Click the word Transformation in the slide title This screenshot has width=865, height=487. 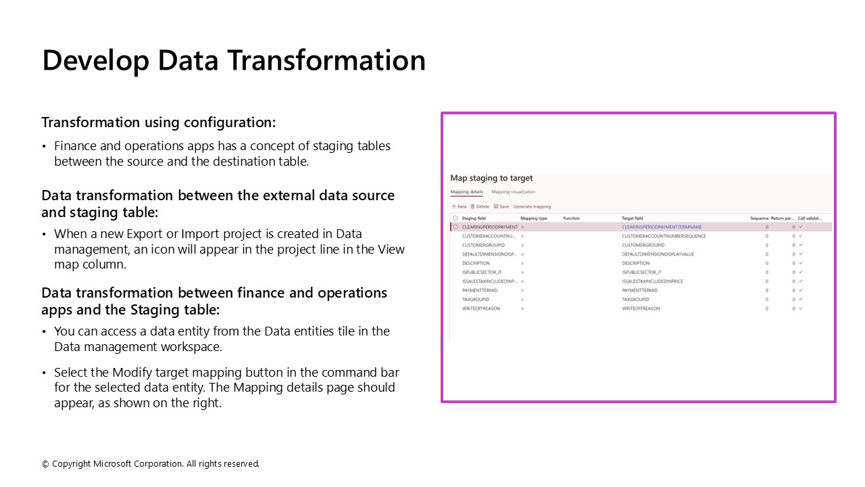[325, 60]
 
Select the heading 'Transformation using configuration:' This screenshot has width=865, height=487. [159, 122]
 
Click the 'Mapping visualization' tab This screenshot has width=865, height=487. [513, 192]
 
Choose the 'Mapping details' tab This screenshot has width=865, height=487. [466, 192]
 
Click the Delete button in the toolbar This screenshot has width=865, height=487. [480, 206]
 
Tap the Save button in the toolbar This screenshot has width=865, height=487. [501, 206]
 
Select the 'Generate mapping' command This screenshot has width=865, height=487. [532, 206]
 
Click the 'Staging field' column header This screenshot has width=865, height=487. [474, 218]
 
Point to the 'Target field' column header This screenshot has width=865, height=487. [633, 218]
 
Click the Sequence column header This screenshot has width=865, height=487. [759, 218]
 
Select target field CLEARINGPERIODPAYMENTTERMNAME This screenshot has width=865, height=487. [662, 227]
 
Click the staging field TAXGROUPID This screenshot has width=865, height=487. [476, 299]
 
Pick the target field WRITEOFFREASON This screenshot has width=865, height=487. [641, 308]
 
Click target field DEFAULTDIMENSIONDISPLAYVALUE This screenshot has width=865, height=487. [658, 254]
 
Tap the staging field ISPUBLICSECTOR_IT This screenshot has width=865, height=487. [482, 272]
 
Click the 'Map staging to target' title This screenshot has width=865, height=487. [491, 179]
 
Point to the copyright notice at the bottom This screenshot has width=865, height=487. [151, 464]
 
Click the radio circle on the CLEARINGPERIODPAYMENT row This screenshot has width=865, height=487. [455, 227]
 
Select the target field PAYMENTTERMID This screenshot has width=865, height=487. [639, 290]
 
